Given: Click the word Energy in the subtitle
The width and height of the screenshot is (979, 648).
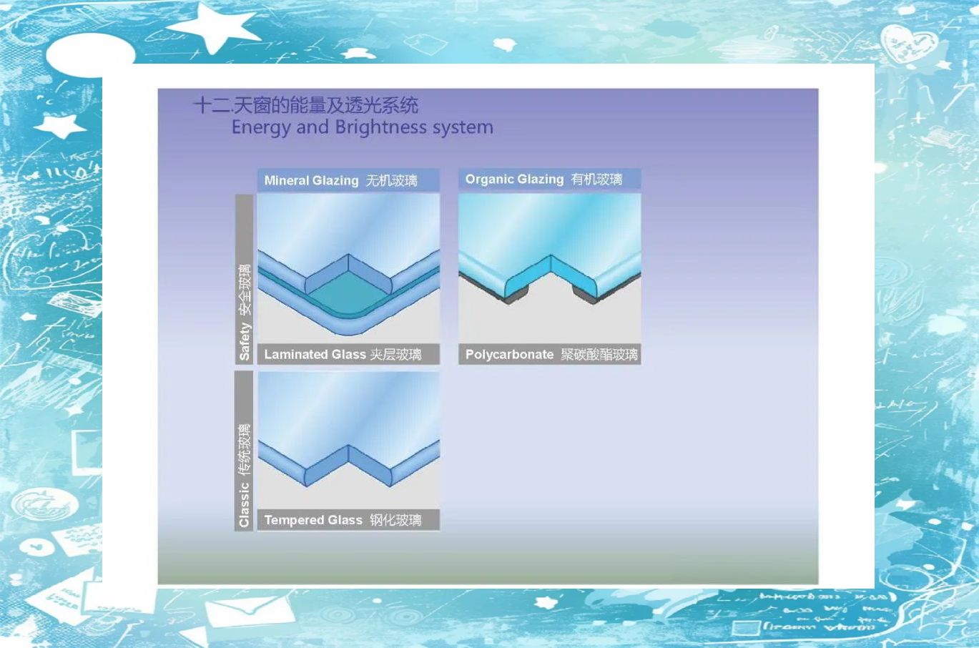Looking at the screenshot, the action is click(260, 128).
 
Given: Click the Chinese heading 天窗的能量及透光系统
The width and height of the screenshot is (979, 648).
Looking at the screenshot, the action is click(325, 105).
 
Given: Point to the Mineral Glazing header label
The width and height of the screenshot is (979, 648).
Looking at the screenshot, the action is click(311, 180).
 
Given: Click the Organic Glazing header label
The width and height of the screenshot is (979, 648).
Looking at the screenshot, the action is click(514, 179).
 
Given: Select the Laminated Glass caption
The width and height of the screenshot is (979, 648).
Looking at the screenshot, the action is click(315, 354).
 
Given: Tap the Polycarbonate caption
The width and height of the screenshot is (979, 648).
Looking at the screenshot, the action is click(509, 354).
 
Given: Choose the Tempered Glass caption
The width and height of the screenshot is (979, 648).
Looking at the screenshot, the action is click(313, 520).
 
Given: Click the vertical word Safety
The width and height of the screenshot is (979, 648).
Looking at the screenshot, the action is click(245, 341).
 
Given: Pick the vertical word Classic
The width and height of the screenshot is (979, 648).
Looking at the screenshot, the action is click(245, 505).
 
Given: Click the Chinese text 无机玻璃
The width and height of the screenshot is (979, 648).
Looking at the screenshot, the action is click(391, 180).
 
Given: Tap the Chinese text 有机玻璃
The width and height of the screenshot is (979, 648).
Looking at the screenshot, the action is click(596, 179).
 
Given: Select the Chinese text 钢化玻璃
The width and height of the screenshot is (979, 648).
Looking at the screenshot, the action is click(395, 520).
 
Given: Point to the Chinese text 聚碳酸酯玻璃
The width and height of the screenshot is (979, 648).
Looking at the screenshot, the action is click(599, 354).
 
